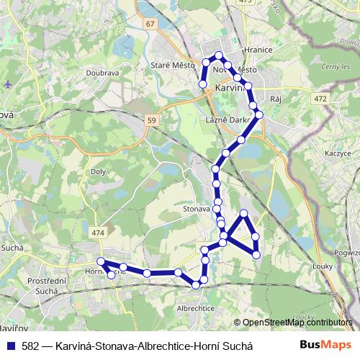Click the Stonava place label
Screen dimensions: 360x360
[196, 208]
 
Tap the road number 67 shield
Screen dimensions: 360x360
[149, 24]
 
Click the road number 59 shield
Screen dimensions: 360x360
[149, 120]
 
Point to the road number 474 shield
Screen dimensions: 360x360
[98, 233]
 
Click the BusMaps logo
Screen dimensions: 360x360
[321, 345]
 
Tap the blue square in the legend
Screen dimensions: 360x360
[9, 345]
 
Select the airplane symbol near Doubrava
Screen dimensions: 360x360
[7, 84]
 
